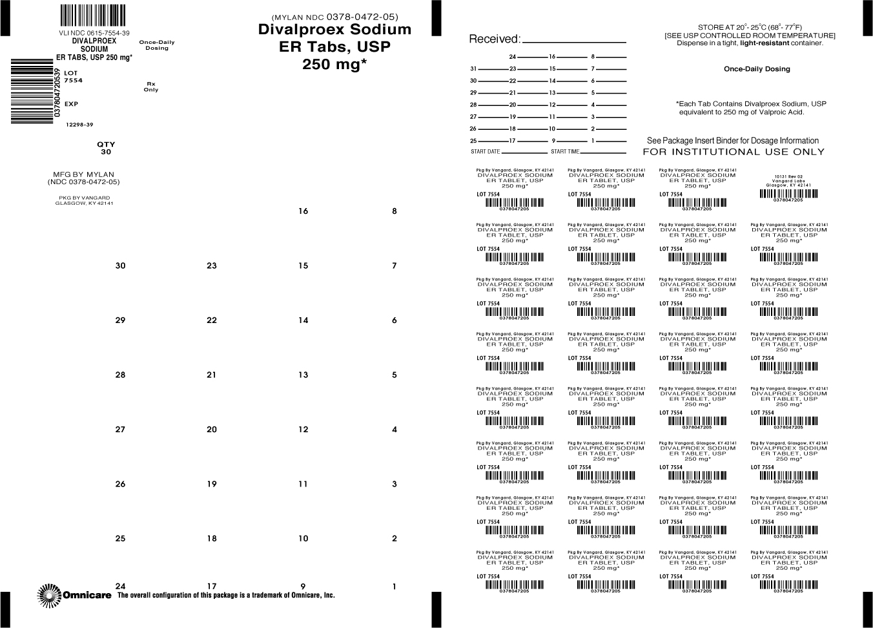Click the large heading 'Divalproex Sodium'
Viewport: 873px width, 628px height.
[x=334, y=30]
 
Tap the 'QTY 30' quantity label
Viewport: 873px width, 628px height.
[x=106, y=149]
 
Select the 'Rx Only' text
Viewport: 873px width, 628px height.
[x=151, y=87]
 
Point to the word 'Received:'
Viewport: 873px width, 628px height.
[x=494, y=39]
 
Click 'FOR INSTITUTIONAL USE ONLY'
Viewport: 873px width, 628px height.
[x=734, y=152]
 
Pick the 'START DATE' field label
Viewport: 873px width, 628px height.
[x=486, y=152]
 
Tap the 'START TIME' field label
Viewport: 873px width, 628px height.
[x=565, y=152]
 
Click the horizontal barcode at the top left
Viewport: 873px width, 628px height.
[x=93, y=15]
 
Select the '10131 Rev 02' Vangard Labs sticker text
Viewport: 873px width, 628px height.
[x=788, y=176]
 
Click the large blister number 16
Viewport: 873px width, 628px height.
[x=303, y=211]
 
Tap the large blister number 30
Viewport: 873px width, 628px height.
[x=121, y=266]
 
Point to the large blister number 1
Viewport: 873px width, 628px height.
[x=395, y=587]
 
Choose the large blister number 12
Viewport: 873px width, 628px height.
[x=303, y=430]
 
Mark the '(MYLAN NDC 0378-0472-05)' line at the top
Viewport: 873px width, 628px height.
[x=334, y=17]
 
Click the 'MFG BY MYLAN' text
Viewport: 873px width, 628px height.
[x=83, y=174]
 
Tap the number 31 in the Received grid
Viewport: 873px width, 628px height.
[x=473, y=68]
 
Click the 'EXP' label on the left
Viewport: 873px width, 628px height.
[x=71, y=104]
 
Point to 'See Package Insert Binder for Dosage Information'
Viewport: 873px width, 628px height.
[x=732, y=140]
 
